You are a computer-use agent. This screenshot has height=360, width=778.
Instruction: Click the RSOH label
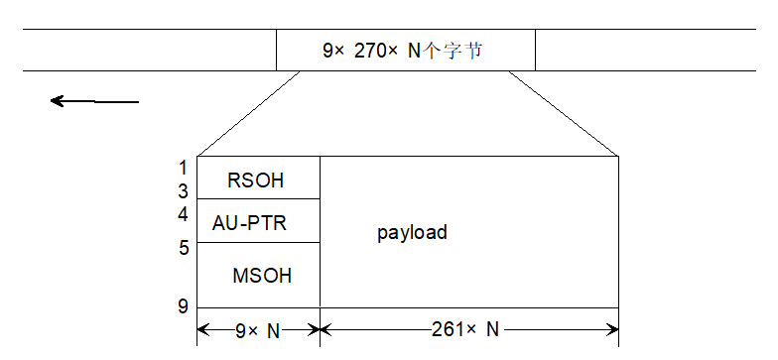pos(255,180)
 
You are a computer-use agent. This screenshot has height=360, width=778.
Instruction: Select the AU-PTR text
pos(249,223)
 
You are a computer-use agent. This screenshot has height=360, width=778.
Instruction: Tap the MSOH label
pos(262,276)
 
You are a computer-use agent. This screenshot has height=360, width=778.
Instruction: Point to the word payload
pos(412,233)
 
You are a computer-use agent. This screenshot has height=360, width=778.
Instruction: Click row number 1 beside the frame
pos(183,168)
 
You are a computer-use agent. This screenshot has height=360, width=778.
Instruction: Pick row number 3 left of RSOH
pos(183,190)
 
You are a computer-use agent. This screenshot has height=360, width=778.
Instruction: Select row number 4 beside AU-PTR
pos(183,214)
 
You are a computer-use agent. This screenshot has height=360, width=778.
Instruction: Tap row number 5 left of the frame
pos(184,247)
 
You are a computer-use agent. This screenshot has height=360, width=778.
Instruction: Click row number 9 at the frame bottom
pos(183,306)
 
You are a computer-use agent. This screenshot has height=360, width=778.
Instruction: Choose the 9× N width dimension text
pos(258,330)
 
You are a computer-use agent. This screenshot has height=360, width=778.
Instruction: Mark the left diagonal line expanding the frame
pos(248,113)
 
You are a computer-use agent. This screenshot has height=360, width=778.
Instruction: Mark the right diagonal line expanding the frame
pos(564,113)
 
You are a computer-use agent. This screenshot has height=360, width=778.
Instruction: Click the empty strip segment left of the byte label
pos(149,50)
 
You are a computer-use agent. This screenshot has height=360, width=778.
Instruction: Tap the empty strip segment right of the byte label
pos(655,50)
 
